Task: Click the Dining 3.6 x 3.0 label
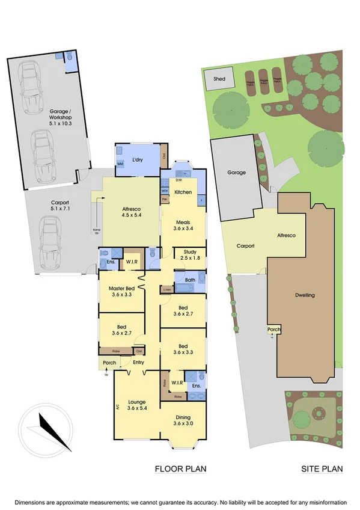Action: point(183,422)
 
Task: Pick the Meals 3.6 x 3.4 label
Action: point(183,223)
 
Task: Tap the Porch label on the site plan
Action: point(273,330)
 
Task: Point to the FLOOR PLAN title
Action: point(177,469)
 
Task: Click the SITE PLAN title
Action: point(322,469)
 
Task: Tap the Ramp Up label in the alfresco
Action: point(97,231)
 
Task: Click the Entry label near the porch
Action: point(139,362)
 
